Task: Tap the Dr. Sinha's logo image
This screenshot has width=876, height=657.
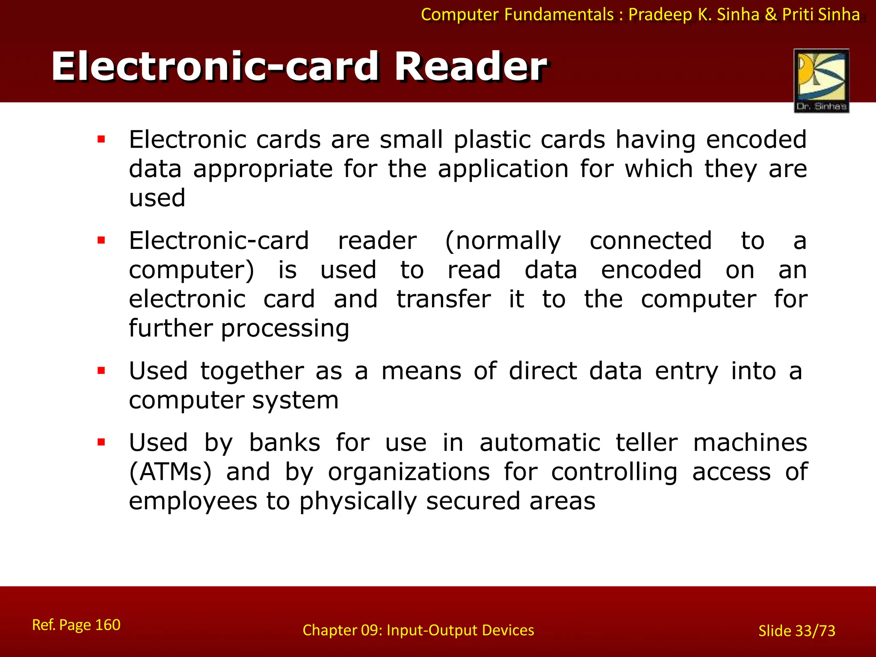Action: tap(821, 80)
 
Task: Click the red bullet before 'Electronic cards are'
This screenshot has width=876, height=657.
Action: tap(101, 139)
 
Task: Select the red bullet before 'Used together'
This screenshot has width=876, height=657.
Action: tap(101, 370)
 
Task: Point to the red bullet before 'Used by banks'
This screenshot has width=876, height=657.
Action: tap(101, 442)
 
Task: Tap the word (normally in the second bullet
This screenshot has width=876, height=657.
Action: tap(503, 241)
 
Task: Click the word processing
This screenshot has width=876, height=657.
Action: tap(285, 328)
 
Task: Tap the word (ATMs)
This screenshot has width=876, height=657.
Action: tap(170, 472)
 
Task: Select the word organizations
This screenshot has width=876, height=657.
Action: tap(408, 472)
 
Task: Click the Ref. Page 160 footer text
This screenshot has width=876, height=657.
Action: tap(76, 625)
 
